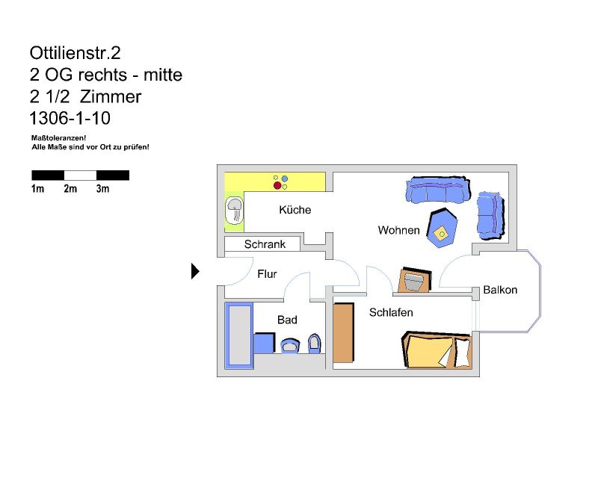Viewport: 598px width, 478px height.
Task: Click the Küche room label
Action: coord(295,210)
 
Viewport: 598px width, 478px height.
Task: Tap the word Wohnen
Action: coord(398,230)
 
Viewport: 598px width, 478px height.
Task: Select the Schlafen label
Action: coord(391,313)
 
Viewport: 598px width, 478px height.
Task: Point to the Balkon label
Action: coord(500,290)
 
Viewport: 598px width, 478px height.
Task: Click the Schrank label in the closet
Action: coord(265,244)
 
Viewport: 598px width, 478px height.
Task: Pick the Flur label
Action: coord(267,273)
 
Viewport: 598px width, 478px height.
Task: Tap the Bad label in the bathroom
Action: coord(287,320)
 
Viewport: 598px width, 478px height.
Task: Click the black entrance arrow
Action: coord(195,271)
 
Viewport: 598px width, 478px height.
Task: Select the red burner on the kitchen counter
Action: coord(277,186)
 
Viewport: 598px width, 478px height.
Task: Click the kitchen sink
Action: coord(234,211)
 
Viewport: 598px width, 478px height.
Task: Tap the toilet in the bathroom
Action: coord(314,344)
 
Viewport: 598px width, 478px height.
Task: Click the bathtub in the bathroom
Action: coord(239,335)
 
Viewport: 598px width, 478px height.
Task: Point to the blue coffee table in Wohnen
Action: coord(442,228)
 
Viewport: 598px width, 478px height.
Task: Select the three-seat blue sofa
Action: coord(438,190)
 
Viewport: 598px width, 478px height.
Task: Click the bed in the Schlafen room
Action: coord(437,350)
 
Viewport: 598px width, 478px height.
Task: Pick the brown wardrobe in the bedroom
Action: coord(343,333)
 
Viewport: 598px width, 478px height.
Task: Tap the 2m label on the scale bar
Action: coord(70,189)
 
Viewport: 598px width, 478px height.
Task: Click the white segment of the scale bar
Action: coord(80,176)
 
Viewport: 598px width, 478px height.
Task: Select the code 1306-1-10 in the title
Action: coord(70,118)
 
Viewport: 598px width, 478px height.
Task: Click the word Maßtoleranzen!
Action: coord(59,138)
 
